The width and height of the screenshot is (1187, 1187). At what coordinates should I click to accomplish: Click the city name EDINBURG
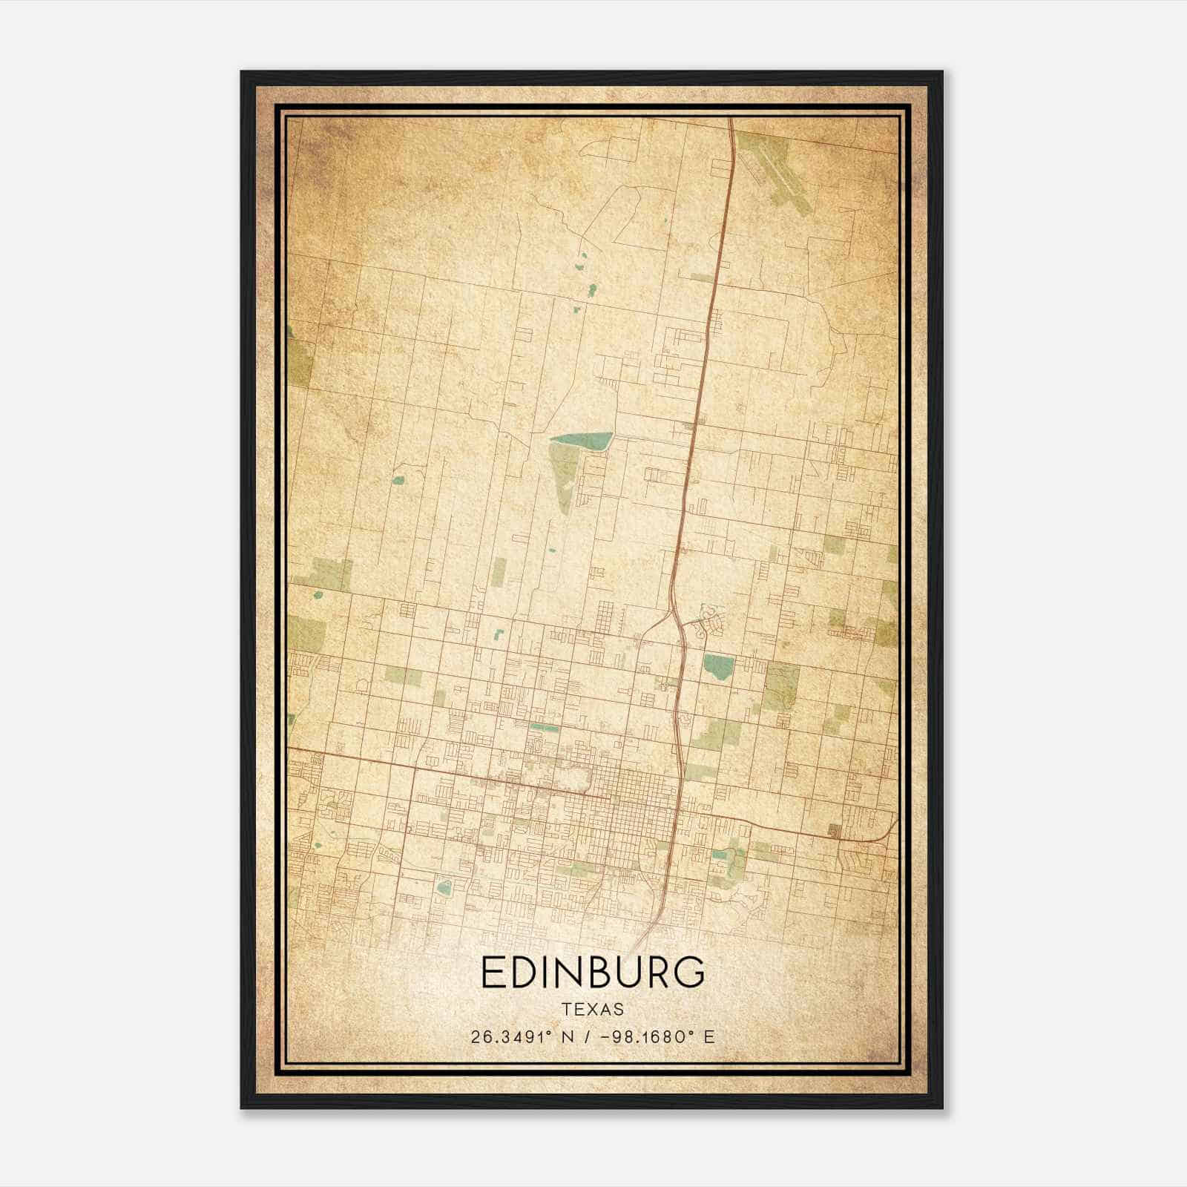tap(592, 972)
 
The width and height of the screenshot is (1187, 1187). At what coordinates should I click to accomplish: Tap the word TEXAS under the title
tap(593, 1009)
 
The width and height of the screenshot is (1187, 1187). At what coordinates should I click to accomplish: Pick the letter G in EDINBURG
tap(689, 972)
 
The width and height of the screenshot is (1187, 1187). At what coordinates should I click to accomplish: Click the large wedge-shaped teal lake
tap(590, 441)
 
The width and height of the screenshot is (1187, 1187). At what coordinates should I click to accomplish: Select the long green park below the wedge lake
tap(565, 475)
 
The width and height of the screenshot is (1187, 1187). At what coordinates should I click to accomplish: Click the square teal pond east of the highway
tap(718, 666)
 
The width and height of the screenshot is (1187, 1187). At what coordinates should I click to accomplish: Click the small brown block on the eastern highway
tap(834, 831)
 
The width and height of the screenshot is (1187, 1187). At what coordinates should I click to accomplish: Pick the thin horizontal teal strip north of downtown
tap(545, 727)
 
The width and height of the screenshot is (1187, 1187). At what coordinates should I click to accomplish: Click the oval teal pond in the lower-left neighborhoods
tap(444, 887)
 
